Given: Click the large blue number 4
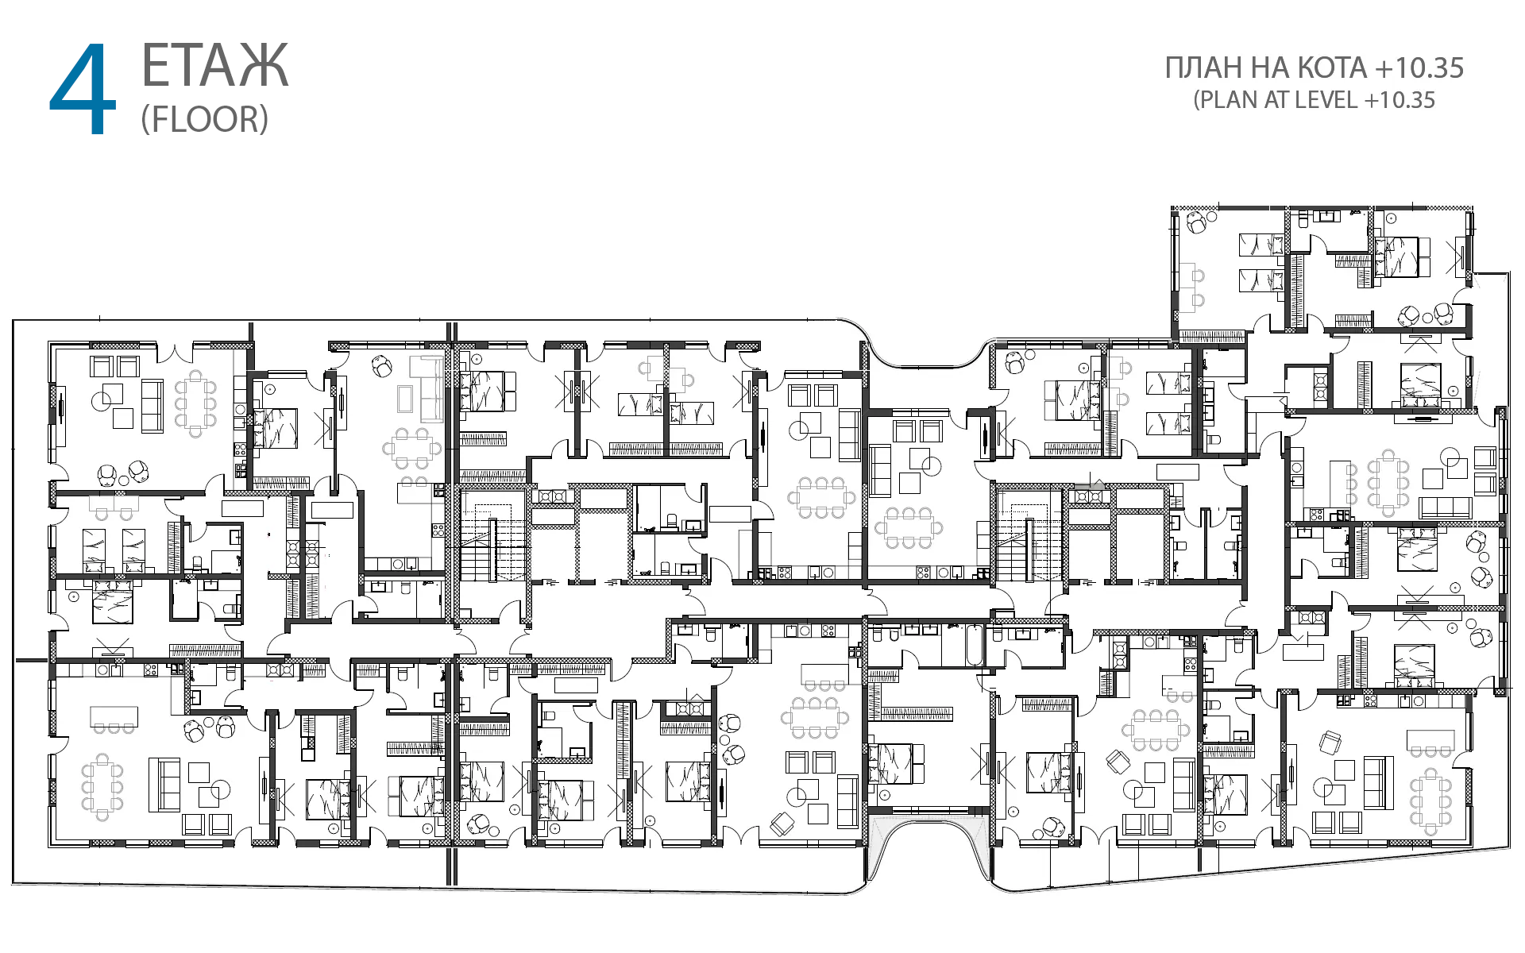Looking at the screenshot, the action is click(x=83, y=89).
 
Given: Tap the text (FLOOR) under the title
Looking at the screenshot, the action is click(x=205, y=119).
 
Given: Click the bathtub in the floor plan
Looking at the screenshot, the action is click(x=974, y=645).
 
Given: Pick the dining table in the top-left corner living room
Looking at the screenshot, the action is click(x=195, y=403).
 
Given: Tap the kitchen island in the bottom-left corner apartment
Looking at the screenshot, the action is click(x=114, y=717).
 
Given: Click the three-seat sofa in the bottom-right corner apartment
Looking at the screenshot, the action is click(x=1374, y=783).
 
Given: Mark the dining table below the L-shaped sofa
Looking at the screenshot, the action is click(x=412, y=449).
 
